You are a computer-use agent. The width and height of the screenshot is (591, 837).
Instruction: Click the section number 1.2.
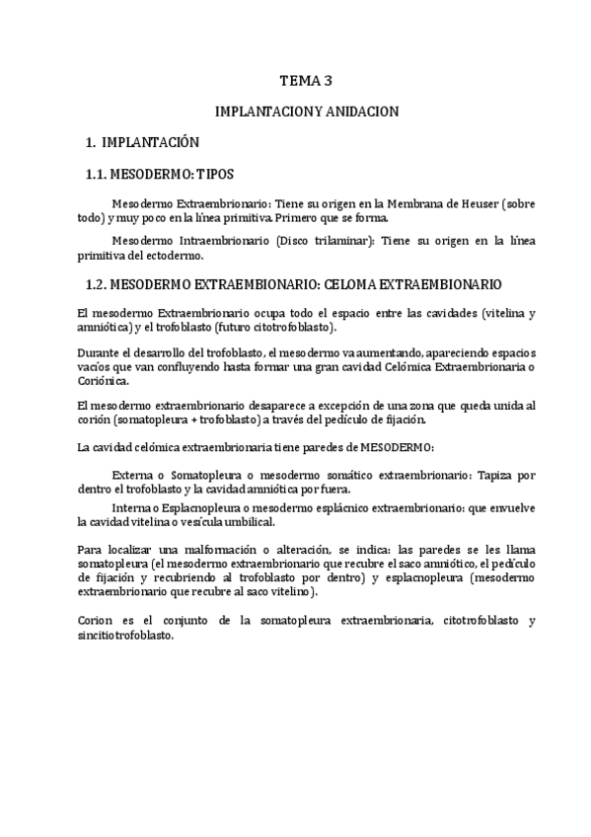tap(96, 284)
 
